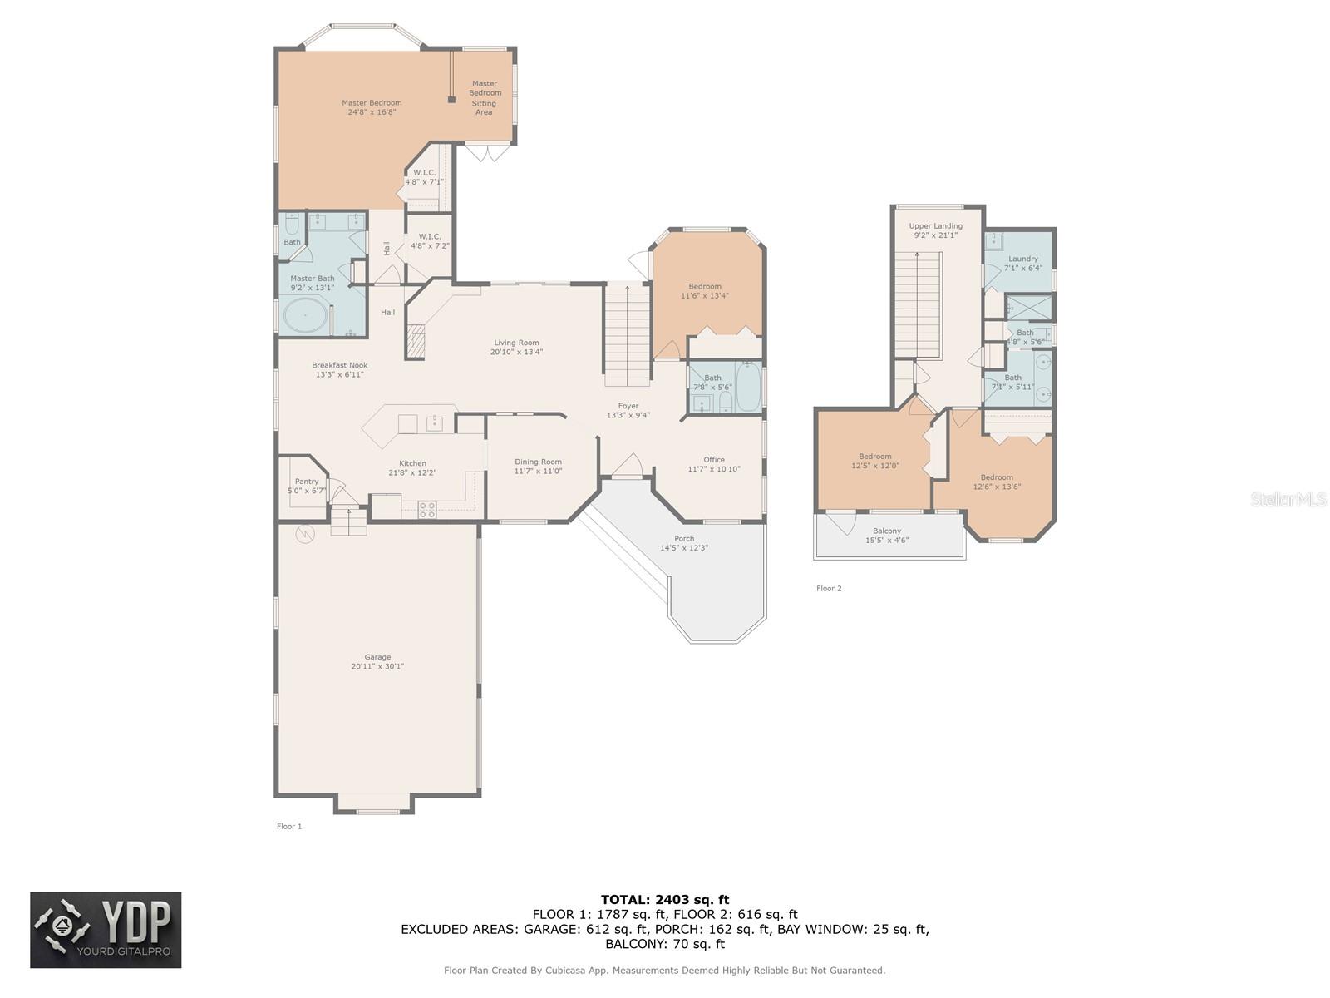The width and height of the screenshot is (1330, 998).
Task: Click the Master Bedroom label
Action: tap(372, 103)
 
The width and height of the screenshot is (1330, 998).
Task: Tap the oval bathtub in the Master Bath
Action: tap(305, 315)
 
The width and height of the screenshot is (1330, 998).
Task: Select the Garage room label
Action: tap(377, 657)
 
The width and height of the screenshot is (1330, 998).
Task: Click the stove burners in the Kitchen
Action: tap(427, 510)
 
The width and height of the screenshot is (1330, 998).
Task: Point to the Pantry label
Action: tap(307, 482)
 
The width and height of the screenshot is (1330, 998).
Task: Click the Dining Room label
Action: tap(538, 462)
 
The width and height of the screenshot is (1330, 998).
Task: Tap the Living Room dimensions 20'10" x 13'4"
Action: tap(516, 352)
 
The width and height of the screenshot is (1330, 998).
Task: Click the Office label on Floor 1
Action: tap(714, 460)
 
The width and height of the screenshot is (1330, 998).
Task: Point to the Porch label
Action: tap(684, 539)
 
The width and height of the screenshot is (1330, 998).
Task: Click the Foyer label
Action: tap(628, 406)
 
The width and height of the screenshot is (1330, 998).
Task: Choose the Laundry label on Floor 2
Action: tap(1023, 259)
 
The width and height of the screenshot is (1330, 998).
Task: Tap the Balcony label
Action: tap(887, 531)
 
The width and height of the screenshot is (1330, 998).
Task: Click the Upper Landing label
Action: tap(935, 226)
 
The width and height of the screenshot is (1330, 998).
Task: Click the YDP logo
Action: tap(106, 930)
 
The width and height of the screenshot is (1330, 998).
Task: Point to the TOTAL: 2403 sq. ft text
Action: tap(665, 900)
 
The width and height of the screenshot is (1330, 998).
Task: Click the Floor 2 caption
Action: tap(829, 588)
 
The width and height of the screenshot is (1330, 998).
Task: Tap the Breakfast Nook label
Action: tap(339, 365)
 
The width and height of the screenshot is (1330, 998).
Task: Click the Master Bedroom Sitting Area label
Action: tap(485, 97)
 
